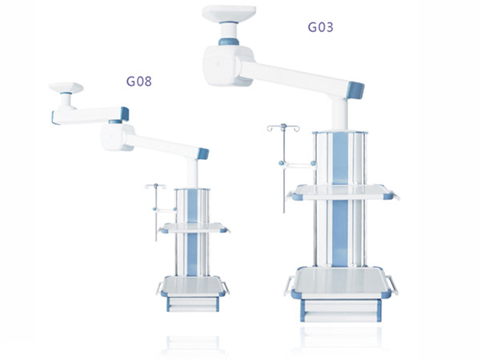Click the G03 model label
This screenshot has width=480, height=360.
(x=320, y=27)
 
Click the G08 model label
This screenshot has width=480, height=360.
(x=139, y=81)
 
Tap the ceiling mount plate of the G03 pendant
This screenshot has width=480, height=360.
(x=229, y=13)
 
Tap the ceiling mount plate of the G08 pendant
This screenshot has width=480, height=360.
(x=66, y=87)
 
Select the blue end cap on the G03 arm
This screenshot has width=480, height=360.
(x=355, y=90)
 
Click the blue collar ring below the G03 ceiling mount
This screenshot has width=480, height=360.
(x=229, y=42)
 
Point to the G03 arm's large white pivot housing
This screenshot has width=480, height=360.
(x=227, y=66)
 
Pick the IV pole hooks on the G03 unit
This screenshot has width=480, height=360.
(x=283, y=128)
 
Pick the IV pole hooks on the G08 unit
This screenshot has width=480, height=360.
(x=156, y=186)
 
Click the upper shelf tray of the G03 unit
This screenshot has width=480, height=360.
(x=342, y=192)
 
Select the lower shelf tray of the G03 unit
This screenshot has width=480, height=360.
(x=341, y=282)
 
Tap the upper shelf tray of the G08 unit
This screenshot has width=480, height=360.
(x=194, y=228)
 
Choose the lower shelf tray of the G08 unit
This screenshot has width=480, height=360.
(x=193, y=286)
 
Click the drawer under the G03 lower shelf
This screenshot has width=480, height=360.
(x=341, y=310)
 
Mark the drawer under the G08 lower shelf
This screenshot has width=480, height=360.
(x=193, y=304)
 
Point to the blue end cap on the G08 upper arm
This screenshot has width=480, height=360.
(x=125, y=114)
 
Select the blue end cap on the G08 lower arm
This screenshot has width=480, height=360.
(x=203, y=154)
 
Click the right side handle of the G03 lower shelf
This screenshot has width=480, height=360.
(x=393, y=285)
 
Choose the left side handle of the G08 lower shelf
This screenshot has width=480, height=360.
(x=160, y=288)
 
